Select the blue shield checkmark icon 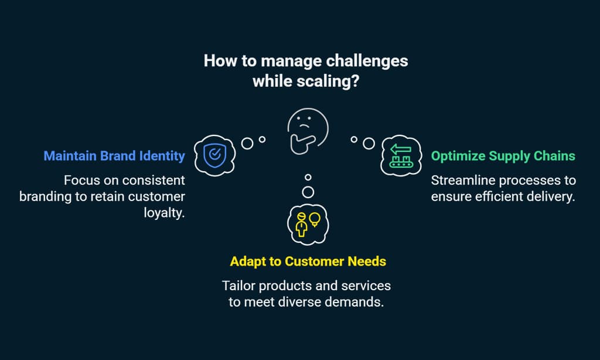coord(213,155)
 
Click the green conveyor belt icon coord(401,156)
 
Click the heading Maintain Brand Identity coord(114,157)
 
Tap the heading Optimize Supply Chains coord(503,157)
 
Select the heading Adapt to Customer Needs coord(308,261)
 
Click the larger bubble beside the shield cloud coord(248,142)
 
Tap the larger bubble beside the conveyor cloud coord(369,142)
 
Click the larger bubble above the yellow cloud coord(308,192)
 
